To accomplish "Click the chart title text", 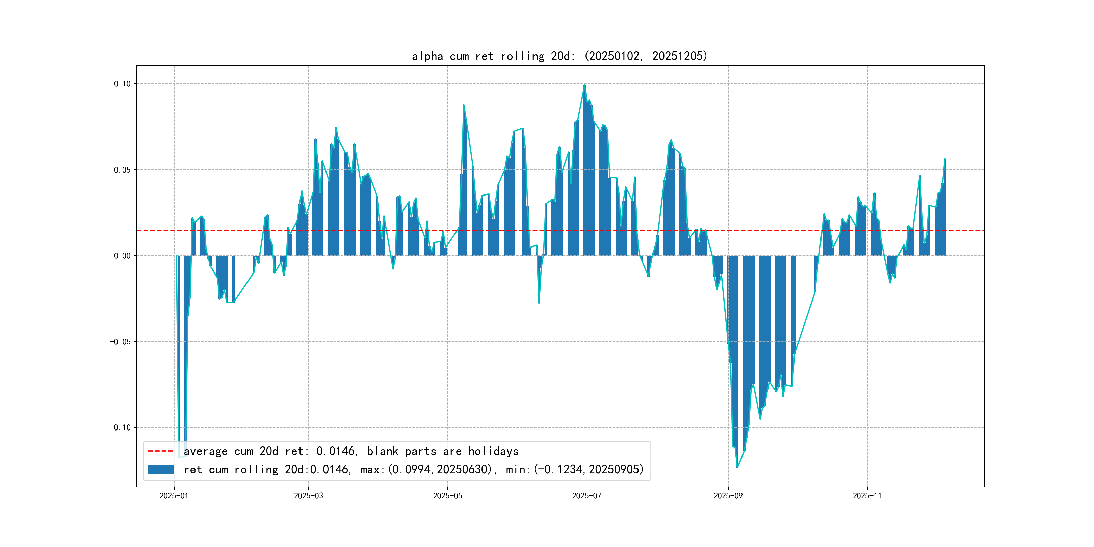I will (559, 56).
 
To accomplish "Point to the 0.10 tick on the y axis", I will (122, 84).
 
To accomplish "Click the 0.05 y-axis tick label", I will (122, 170).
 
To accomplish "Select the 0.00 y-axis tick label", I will (122, 256).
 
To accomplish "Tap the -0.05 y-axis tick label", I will (120, 342).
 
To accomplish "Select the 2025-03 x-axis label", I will (308, 496).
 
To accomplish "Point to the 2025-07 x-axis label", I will (587, 496).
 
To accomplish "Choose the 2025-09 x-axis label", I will (728, 496).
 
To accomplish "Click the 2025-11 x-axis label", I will (867, 496).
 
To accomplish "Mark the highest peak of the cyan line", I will (585, 85).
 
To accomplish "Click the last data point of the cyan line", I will (945, 160).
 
